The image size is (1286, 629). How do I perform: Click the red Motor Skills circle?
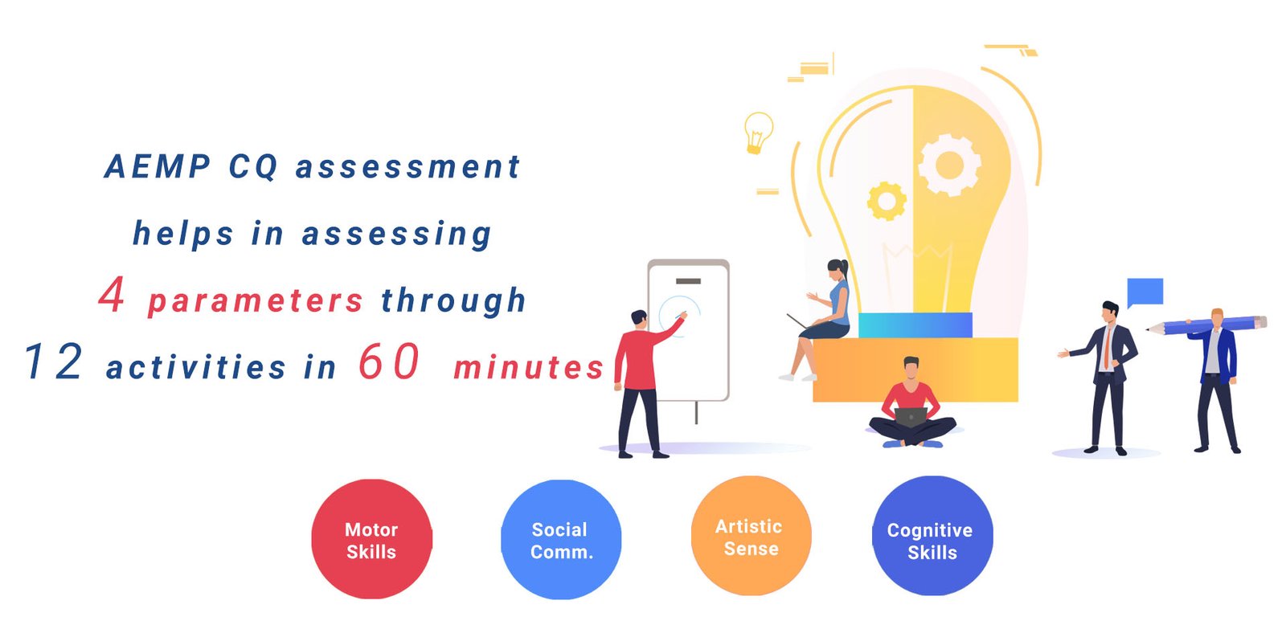(371, 540)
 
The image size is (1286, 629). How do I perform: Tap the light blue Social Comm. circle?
(561, 540)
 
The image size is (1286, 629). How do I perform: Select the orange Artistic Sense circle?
(751, 536)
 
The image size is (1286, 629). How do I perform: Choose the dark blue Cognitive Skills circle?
(932, 536)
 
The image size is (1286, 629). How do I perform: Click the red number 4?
(112, 294)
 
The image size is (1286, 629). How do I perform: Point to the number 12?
(54, 361)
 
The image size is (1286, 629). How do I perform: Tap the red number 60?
(389, 361)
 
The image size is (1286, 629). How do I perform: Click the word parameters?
(256, 301)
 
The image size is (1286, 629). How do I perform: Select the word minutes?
(529, 367)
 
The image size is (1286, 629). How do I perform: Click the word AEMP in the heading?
(158, 166)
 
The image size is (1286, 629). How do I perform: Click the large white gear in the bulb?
(949, 165)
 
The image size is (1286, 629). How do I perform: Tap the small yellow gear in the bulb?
(887, 202)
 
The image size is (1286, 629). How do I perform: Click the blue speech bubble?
(1145, 292)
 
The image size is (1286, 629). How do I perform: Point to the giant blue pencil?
(1206, 325)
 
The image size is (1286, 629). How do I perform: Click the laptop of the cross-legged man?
(911, 417)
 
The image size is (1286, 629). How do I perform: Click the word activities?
(196, 367)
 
